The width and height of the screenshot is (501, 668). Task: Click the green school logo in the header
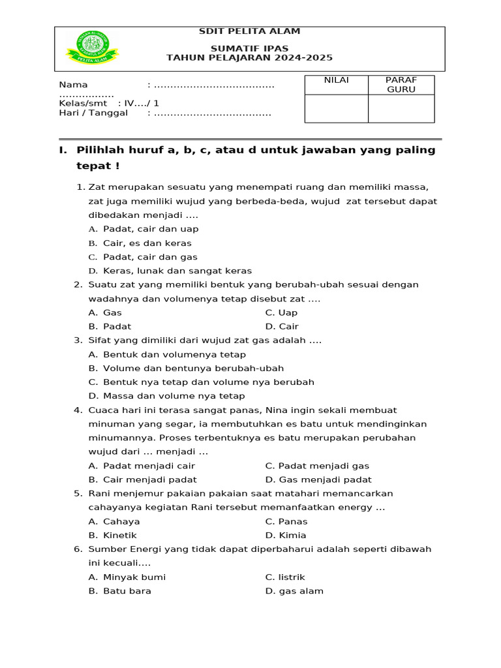92,49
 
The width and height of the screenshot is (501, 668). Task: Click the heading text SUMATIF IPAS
249,48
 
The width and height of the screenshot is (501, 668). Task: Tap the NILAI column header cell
336,80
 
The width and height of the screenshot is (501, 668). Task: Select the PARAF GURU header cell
401,85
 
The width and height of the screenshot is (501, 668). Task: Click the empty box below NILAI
336,108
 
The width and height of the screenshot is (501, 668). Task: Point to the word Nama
73,85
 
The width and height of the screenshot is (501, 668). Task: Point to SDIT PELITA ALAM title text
249,31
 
